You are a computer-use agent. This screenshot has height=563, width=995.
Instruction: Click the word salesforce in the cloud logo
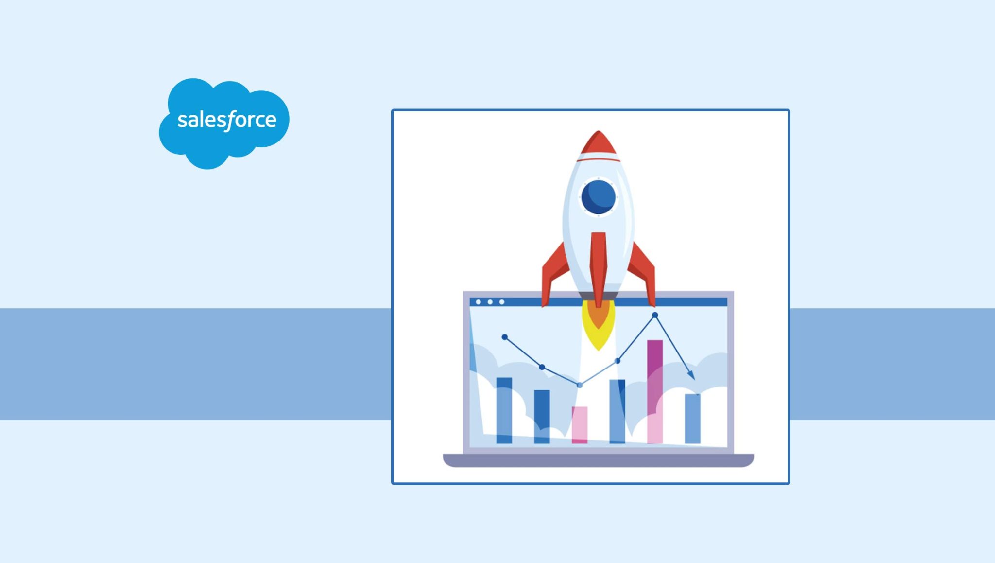coord(226,120)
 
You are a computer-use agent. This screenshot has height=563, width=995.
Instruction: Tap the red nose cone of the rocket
coord(598,143)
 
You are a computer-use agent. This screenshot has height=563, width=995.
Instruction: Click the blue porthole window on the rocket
coord(598,197)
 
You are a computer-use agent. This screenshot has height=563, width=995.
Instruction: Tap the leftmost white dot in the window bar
coord(478,302)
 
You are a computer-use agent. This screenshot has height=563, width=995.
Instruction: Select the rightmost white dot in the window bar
coord(502,302)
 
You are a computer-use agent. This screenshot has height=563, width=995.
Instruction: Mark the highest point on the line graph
coord(655,315)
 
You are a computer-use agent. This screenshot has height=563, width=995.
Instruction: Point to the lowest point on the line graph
coord(579,385)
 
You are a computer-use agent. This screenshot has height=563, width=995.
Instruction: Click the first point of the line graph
coord(504,337)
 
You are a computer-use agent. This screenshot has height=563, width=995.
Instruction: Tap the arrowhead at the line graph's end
coord(691,376)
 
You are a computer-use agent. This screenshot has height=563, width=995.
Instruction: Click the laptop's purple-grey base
coord(598,460)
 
